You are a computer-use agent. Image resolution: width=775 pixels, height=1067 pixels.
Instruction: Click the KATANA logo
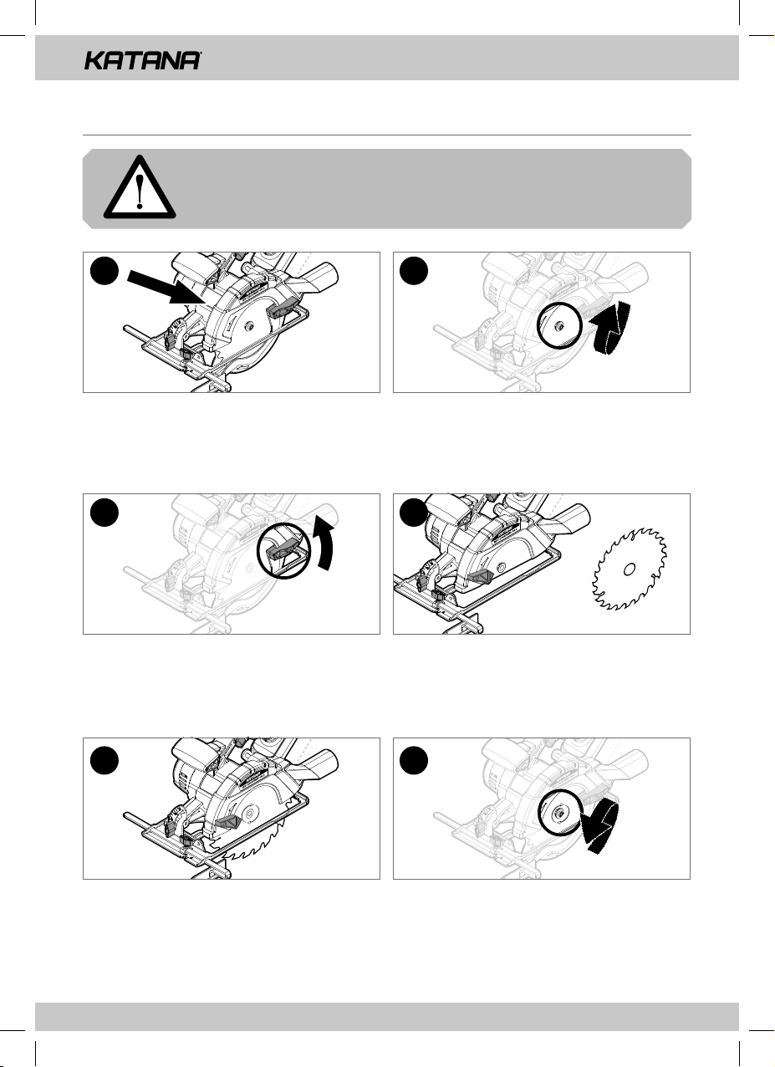point(142,60)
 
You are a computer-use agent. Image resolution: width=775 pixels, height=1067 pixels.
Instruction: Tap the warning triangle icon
point(140,187)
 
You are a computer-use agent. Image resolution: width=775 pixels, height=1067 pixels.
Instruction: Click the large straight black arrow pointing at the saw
point(166,287)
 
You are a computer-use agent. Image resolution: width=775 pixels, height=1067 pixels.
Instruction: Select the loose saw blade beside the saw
point(629,569)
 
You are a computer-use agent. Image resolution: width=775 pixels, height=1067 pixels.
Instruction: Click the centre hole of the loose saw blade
point(630,569)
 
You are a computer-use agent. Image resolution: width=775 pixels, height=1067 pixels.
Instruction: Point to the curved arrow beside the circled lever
point(323,544)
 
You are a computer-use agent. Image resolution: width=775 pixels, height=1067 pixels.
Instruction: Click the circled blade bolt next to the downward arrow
point(559,814)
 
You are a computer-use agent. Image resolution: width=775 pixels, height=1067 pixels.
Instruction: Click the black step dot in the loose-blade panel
point(414,512)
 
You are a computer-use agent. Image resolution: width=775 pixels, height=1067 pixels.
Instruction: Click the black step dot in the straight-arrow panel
point(104,271)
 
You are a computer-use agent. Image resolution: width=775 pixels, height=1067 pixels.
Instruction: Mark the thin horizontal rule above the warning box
point(387,135)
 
